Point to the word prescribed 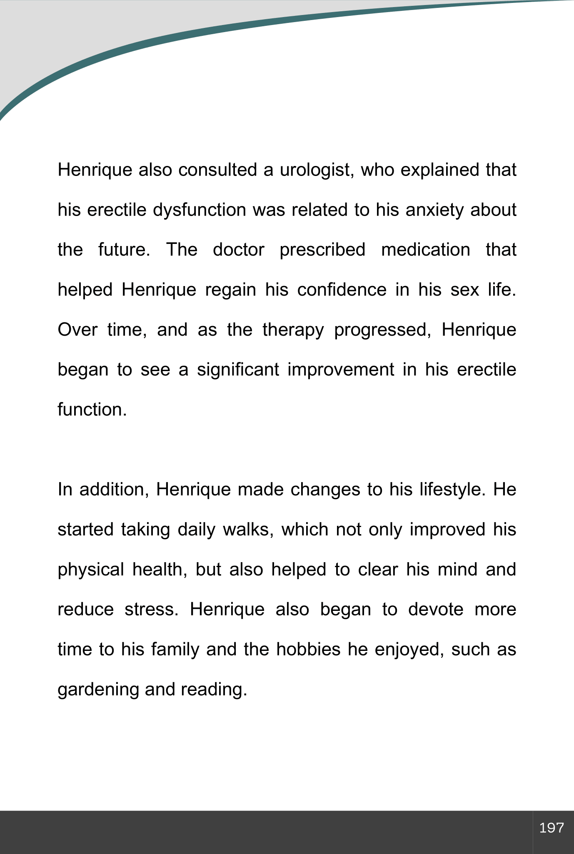(x=322, y=250)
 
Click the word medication (x=425, y=250)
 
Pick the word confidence (x=342, y=290)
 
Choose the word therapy (x=293, y=330)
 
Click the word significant (x=238, y=370)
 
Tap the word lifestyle (x=452, y=490)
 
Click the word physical (x=91, y=570)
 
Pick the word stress (x=151, y=610)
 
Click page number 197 (x=552, y=828)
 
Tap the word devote (x=436, y=610)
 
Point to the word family (x=175, y=650)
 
